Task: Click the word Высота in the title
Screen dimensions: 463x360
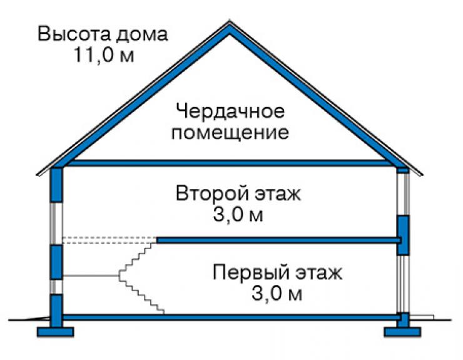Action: (x=74, y=34)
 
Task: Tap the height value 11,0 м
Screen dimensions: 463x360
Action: (x=104, y=54)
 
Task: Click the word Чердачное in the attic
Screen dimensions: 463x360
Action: (x=230, y=111)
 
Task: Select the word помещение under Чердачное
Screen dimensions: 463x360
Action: (x=230, y=133)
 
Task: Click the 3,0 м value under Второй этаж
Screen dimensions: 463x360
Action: (x=238, y=215)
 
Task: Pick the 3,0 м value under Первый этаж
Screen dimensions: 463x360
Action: (x=277, y=294)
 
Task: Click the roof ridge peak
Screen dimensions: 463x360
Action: (x=230, y=21)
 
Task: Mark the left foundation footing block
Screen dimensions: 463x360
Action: (x=55, y=332)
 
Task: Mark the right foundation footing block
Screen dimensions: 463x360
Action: (x=402, y=332)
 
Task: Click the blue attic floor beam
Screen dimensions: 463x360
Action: (x=229, y=163)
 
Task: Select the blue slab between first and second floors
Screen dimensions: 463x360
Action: (x=278, y=240)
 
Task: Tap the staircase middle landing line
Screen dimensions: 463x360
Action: (x=91, y=275)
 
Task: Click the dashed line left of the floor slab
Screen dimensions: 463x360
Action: (x=109, y=240)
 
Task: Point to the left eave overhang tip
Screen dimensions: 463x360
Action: (x=37, y=175)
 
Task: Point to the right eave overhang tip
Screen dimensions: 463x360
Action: (x=422, y=175)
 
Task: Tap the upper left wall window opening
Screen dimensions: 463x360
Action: (x=56, y=224)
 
